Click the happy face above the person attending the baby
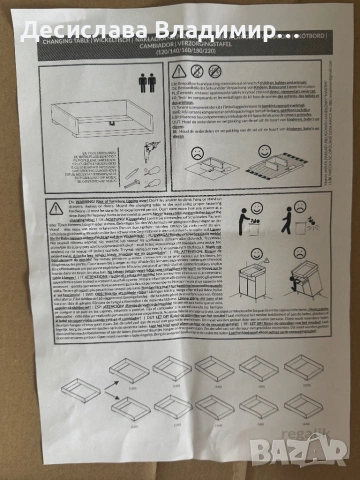pos(259,209)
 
